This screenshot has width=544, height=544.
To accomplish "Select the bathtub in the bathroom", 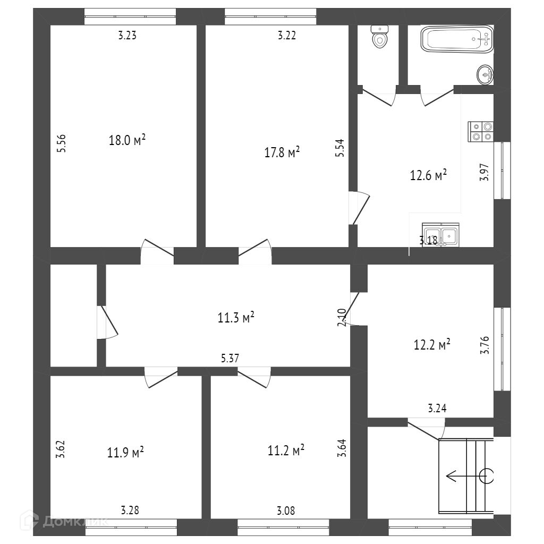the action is (x=457, y=40).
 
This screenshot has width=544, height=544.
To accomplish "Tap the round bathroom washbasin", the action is (x=485, y=74).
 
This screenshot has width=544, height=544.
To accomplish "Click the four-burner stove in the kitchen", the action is (x=481, y=131).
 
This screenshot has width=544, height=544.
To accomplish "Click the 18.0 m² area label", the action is (x=127, y=140).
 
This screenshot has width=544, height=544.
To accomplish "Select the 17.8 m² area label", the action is (x=282, y=153).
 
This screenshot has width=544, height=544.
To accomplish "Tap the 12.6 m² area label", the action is (x=428, y=175).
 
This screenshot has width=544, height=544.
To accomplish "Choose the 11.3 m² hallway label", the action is (x=236, y=318).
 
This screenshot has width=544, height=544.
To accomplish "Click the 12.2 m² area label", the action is (x=432, y=345).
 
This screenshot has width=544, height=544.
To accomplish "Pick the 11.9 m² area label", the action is (x=125, y=453).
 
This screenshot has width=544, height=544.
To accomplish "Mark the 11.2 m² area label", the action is (x=286, y=450).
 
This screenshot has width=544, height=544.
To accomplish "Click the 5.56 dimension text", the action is (x=62, y=143).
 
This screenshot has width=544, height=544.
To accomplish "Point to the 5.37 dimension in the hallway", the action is (x=230, y=359).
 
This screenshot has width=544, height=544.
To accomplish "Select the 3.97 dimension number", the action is (x=484, y=173).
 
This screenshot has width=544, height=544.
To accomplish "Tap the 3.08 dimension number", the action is (x=286, y=511).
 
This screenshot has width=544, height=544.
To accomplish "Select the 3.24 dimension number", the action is (x=437, y=409).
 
